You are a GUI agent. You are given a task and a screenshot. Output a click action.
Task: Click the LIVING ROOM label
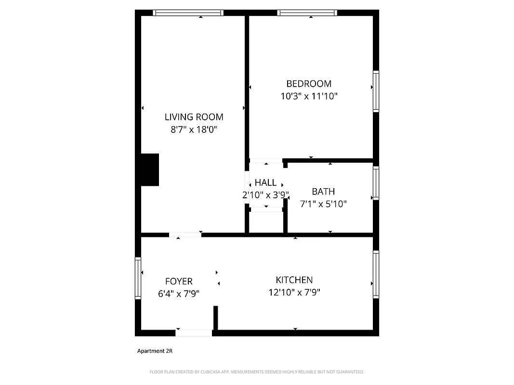click(x=194, y=117)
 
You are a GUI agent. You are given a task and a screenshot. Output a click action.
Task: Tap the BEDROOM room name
click(x=309, y=84)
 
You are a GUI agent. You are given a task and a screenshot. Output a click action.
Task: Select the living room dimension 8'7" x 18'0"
click(x=194, y=129)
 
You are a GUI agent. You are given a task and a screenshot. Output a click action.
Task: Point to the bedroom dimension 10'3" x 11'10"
click(x=309, y=96)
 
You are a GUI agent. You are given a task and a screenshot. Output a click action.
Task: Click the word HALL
click(x=265, y=183)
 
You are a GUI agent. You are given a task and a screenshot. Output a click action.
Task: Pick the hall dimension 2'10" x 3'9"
click(x=265, y=195)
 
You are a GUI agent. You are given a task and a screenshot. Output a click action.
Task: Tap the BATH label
click(x=323, y=192)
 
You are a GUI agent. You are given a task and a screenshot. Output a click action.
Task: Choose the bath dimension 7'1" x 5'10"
click(x=323, y=204)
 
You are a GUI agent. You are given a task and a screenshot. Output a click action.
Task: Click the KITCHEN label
click(x=294, y=280)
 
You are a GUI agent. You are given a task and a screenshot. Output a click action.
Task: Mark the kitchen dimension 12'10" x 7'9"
click(x=294, y=292)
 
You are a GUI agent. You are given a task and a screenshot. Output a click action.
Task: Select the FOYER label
click(x=179, y=282)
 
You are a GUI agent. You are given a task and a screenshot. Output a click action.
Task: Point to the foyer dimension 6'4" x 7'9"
click(x=179, y=294)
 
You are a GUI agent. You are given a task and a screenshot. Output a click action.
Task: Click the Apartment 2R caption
click(x=155, y=351)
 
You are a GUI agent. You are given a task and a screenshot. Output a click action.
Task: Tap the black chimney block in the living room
click(x=149, y=169)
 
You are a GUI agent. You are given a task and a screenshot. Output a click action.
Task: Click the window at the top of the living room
click(x=188, y=13)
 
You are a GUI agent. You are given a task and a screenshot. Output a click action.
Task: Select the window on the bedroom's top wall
click(x=307, y=13)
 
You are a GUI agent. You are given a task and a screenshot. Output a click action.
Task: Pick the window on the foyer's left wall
click(x=138, y=279)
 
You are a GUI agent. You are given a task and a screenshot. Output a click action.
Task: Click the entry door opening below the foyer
click(x=194, y=333)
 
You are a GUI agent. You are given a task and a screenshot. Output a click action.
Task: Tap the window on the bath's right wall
click(x=376, y=183)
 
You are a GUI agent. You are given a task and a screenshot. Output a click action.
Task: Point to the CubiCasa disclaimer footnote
click(x=257, y=372)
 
